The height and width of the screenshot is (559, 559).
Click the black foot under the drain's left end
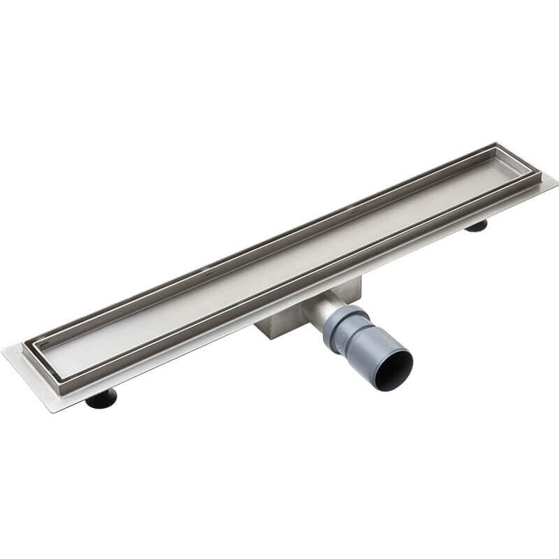pyautogui.click(x=102, y=399)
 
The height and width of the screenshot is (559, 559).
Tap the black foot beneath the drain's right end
pyautogui.click(x=477, y=226)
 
